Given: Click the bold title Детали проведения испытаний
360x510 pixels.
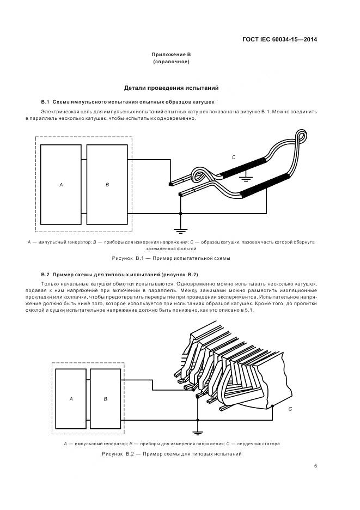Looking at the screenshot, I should (x=171, y=87).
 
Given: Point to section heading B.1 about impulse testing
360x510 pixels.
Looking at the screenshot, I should (x=128, y=102).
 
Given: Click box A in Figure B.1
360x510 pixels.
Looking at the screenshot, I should (x=61, y=185).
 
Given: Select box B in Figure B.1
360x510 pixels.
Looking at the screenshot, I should (x=107, y=185).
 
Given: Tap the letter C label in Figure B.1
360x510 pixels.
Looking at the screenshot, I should (x=233, y=157).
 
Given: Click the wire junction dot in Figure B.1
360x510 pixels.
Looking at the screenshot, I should (x=180, y=212).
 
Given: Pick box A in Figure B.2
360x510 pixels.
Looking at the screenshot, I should (x=71, y=399).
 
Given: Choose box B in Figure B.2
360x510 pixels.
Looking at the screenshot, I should (x=105, y=399).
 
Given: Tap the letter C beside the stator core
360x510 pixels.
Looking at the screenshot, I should (x=290, y=408).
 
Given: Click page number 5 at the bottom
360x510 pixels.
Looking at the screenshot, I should (x=316, y=466).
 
